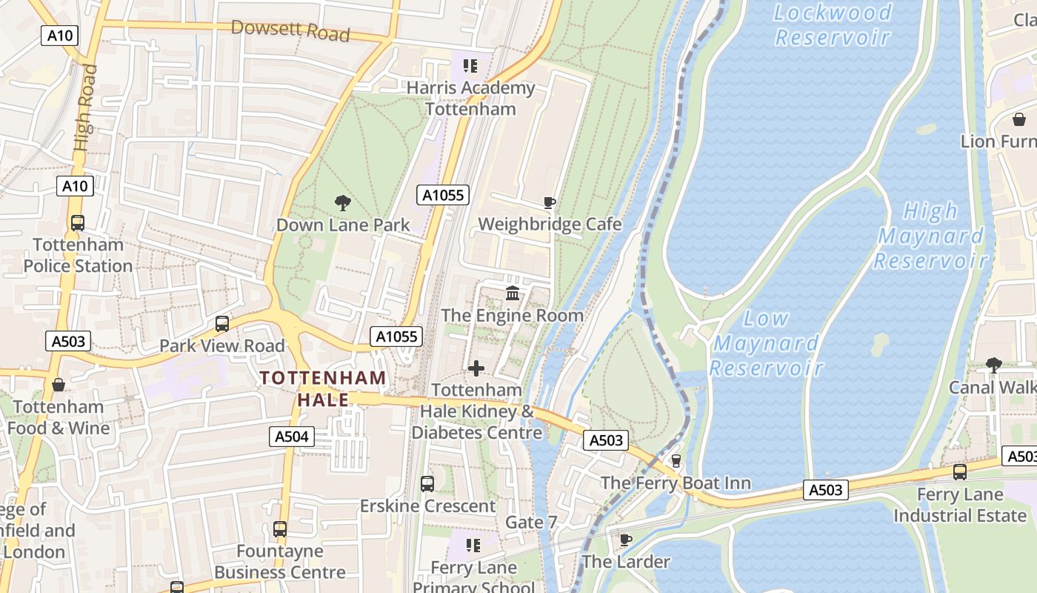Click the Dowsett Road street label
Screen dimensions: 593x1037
pyautogui.click(x=290, y=30)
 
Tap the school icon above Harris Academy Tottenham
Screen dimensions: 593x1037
pyautogui.click(x=470, y=67)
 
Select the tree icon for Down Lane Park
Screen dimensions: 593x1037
pyautogui.click(x=342, y=202)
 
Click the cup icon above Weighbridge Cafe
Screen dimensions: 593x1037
pyautogui.click(x=550, y=202)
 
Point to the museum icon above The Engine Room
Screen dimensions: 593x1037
pyautogui.click(x=513, y=294)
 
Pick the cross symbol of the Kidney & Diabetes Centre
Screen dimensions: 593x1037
pyautogui.click(x=476, y=368)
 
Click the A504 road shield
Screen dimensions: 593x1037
pyautogui.click(x=291, y=437)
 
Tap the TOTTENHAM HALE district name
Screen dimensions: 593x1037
pyautogui.click(x=323, y=388)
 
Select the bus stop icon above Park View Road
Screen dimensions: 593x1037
pyautogui.click(x=221, y=324)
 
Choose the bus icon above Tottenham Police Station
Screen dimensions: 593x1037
pyautogui.click(x=77, y=222)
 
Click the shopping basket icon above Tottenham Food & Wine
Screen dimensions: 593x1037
pyautogui.click(x=58, y=385)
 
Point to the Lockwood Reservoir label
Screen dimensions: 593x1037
pyautogui.click(x=832, y=24)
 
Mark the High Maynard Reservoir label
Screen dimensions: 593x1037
pyautogui.click(x=931, y=236)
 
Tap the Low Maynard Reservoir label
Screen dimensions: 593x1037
pyautogui.click(x=767, y=342)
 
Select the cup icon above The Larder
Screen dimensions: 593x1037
pyautogui.click(x=625, y=540)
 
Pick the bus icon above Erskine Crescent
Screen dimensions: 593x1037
pyautogui.click(x=427, y=484)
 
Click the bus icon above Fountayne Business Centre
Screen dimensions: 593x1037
pyautogui.click(x=279, y=529)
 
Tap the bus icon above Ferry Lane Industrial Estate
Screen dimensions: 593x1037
pyautogui.click(x=959, y=471)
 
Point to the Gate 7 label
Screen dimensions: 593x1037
pyautogui.click(x=530, y=522)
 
